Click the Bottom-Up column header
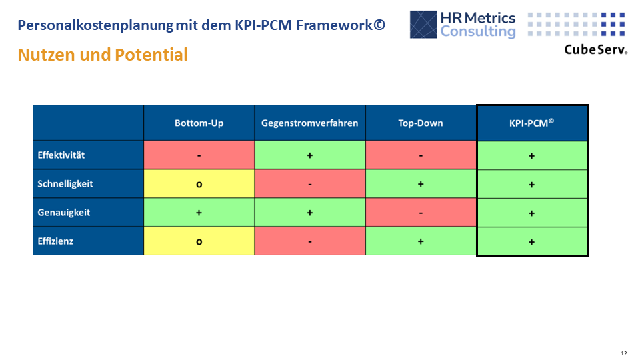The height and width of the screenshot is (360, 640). (x=199, y=123)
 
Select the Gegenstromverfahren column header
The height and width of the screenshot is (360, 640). (x=310, y=123)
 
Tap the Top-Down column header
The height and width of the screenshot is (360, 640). (x=421, y=123)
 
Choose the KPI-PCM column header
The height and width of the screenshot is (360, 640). (x=531, y=123)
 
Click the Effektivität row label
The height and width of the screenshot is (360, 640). (x=61, y=155)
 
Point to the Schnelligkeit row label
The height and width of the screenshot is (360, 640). (x=65, y=184)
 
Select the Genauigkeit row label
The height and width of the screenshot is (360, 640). (x=63, y=213)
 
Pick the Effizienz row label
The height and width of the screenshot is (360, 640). (x=55, y=241)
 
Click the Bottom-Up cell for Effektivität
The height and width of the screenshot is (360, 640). (x=199, y=155)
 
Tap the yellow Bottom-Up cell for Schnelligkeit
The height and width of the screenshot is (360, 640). (x=199, y=184)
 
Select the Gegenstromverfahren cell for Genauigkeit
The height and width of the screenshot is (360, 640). (x=310, y=213)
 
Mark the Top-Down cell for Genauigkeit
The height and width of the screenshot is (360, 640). (x=421, y=213)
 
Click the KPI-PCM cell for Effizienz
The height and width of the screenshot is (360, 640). (x=531, y=241)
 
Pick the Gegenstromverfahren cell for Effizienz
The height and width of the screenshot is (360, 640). (x=310, y=241)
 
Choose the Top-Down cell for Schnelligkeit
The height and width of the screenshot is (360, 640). (x=421, y=184)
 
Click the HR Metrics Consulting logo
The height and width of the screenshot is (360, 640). (x=463, y=25)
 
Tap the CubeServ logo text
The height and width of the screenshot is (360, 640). (x=595, y=49)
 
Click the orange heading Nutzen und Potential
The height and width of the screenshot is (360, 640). (x=103, y=55)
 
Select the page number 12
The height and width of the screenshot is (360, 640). (x=623, y=353)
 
